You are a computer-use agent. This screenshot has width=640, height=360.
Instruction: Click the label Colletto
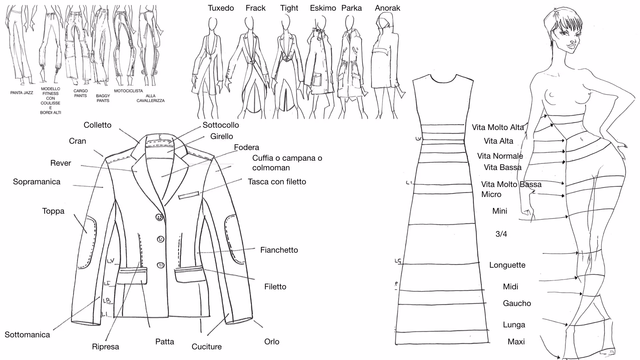(97, 125)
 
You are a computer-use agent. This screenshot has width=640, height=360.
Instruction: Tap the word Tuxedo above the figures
(221, 8)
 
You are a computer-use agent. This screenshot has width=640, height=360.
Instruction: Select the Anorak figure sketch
(386, 67)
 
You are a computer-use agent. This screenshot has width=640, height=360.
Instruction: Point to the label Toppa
(53, 211)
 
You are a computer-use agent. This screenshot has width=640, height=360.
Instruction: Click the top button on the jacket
(160, 217)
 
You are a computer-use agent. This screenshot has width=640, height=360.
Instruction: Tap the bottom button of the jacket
(161, 265)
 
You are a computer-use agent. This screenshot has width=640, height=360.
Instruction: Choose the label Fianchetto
(279, 250)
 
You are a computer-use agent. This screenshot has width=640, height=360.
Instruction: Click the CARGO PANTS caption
(80, 93)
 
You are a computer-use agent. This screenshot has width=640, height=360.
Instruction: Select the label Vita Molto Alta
(498, 127)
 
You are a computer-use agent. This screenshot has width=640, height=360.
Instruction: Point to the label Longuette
(507, 265)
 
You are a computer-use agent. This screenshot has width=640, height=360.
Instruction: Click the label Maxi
(516, 342)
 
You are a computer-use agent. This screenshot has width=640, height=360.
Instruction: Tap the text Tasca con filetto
(277, 182)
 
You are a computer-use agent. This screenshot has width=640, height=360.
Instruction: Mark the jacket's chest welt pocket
(189, 195)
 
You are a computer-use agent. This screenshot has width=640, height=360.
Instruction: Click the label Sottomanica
(27, 335)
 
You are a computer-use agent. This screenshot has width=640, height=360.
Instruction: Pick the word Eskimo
(323, 8)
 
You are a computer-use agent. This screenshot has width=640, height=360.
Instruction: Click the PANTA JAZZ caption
(22, 93)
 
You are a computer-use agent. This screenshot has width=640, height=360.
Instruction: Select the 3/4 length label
(501, 234)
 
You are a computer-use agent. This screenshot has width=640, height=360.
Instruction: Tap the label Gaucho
(517, 303)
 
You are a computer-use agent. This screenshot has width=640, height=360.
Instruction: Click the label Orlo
(272, 342)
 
